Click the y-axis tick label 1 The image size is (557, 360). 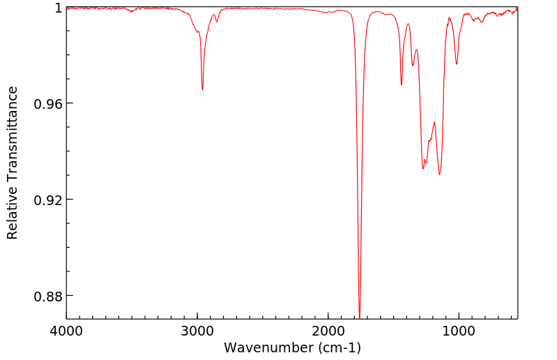coord(58,8)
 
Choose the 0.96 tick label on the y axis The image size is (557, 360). coord(49,104)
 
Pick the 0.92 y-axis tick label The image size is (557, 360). coord(49,200)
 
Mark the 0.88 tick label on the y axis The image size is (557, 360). coord(49,297)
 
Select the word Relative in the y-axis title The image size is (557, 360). coord(13,212)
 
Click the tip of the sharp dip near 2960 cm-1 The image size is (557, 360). coord(202,89)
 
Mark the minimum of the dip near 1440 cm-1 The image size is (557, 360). coord(402,85)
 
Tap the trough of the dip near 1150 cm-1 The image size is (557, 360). coord(439,174)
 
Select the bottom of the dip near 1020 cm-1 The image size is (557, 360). coord(457,64)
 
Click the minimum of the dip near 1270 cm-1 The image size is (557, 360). coord(423,169)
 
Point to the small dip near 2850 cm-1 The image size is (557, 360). coord(217,22)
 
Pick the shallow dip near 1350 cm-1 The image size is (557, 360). coord(413,66)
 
